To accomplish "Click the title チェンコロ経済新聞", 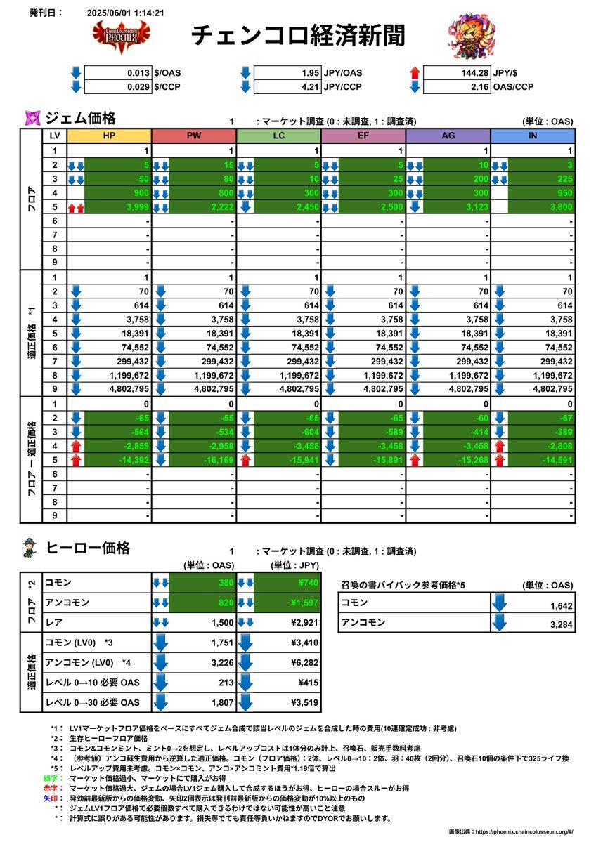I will [298, 36].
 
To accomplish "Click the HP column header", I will [109, 136].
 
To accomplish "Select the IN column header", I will [533, 136].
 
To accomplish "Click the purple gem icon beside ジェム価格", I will [32, 117].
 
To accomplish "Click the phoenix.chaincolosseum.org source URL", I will [521, 831].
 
